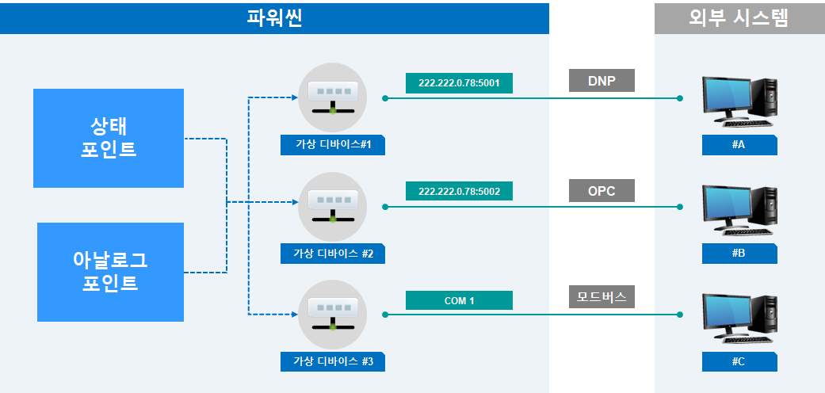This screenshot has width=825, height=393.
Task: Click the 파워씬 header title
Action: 274,17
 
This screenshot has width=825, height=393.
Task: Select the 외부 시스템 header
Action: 739,17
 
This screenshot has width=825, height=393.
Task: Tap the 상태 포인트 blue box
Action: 109,138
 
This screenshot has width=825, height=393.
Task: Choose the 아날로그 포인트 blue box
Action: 110,272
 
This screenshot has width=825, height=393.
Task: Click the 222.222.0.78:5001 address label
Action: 459,82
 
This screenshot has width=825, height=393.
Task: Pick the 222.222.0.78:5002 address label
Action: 459,191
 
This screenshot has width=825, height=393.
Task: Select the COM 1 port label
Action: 459,300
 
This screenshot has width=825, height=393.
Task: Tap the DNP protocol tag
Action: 602,80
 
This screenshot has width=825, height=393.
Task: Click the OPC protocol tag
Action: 602,190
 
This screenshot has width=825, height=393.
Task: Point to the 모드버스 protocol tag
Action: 602,297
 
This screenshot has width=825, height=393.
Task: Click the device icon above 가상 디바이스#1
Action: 332,93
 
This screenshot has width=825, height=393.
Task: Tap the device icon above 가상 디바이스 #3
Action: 332,311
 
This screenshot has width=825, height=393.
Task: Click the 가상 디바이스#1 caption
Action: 333,145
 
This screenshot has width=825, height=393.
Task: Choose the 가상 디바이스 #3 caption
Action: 333,362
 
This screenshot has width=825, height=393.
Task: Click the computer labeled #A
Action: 739,101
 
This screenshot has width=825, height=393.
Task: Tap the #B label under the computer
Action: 739,254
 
